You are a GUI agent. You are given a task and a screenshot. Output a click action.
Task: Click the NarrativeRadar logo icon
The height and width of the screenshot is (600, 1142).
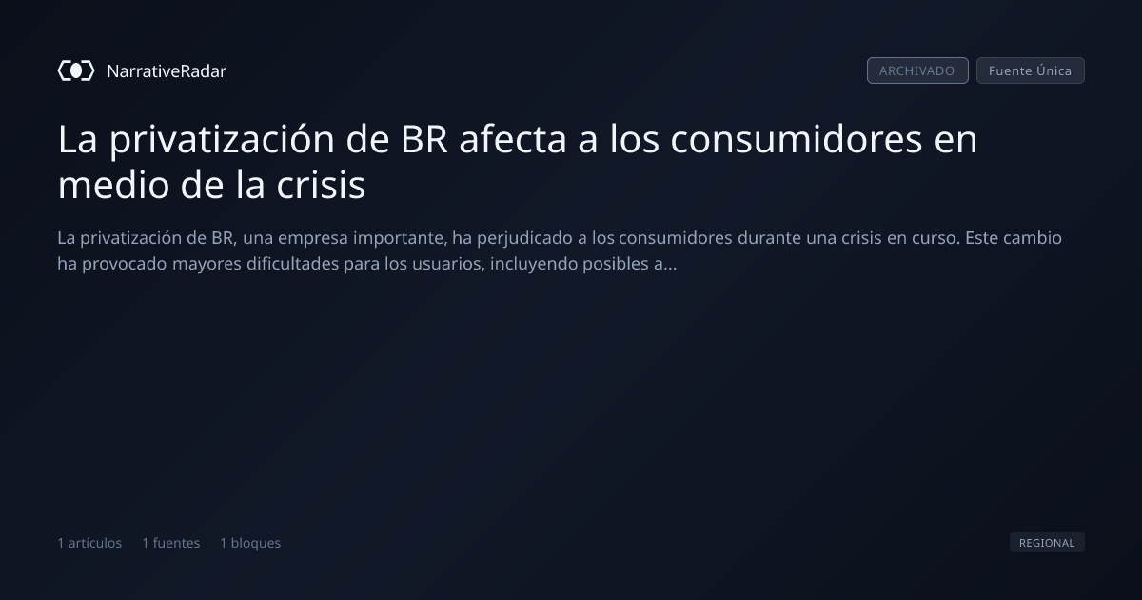pos(76,70)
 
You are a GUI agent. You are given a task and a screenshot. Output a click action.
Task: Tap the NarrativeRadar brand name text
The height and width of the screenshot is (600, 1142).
pos(167,71)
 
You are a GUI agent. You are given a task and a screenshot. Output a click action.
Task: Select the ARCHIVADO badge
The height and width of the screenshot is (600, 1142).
pos(917,70)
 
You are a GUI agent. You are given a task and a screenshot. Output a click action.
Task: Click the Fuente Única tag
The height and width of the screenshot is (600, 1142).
pos(1031,70)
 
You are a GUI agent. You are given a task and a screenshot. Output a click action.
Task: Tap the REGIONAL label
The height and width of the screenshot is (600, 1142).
pos(1047,542)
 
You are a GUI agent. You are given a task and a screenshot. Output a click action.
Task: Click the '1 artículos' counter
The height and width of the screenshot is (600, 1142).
pos(89,543)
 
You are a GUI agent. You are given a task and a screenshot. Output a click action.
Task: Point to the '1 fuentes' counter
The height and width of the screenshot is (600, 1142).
pos(170,543)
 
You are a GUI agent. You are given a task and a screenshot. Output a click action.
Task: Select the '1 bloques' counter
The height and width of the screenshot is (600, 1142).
pos(250,543)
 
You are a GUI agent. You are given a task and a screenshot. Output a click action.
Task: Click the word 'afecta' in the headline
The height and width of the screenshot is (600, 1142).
pos(513,139)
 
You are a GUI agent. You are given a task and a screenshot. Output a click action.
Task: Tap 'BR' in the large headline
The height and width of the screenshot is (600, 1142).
pos(424,139)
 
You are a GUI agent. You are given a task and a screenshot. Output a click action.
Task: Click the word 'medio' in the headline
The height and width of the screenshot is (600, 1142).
pos(113,184)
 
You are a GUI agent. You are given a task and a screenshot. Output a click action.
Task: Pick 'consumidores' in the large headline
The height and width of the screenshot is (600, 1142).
pos(797,139)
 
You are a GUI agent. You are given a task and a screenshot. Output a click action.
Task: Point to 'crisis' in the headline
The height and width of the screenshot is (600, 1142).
pos(321,184)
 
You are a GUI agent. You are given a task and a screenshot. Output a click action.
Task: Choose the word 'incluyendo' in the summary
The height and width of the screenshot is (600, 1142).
pos(534,265)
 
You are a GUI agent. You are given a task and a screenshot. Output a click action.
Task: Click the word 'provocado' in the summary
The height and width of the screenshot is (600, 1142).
pos(125,265)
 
